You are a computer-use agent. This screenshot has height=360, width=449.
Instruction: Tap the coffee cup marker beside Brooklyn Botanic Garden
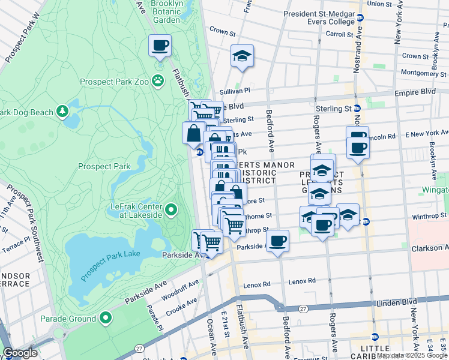point(160,46)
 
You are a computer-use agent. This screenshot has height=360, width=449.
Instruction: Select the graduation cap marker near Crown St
point(243,56)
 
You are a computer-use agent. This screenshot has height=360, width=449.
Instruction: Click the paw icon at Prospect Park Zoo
point(157,80)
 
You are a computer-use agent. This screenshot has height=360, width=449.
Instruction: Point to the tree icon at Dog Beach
point(62,111)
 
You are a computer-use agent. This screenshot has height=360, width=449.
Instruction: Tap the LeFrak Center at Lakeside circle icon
point(171,210)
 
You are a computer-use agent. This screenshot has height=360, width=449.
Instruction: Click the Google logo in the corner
point(20,353)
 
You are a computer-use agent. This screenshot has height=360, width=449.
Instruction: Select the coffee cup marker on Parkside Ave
point(277,241)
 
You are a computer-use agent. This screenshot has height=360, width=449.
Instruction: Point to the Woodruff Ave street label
point(180,288)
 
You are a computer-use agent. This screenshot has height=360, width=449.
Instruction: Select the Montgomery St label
point(421,73)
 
